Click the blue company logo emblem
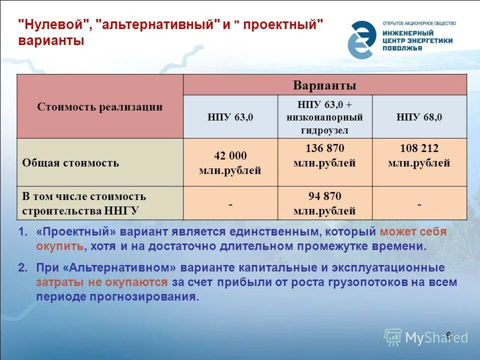pyautogui.click(x=362, y=39)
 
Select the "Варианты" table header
pyautogui.click(x=324, y=85)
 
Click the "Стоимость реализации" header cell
pyautogui.click(x=100, y=107)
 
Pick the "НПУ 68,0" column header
pyautogui.click(x=419, y=117)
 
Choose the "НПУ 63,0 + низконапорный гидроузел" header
pyautogui.click(x=324, y=117)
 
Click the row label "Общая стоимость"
pyautogui.click(x=70, y=163)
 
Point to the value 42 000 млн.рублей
pyautogui.click(x=230, y=163)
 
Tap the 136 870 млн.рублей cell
pyautogui.click(x=324, y=155)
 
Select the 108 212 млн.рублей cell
pyautogui.click(x=419, y=155)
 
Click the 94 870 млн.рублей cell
pyautogui.click(x=324, y=203)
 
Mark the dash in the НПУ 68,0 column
pyautogui.click(x=419, y=204)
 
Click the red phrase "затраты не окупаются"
pyautogui.click(x=101, y=282)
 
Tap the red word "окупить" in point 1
pyautogui.click(x=59, y=246)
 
